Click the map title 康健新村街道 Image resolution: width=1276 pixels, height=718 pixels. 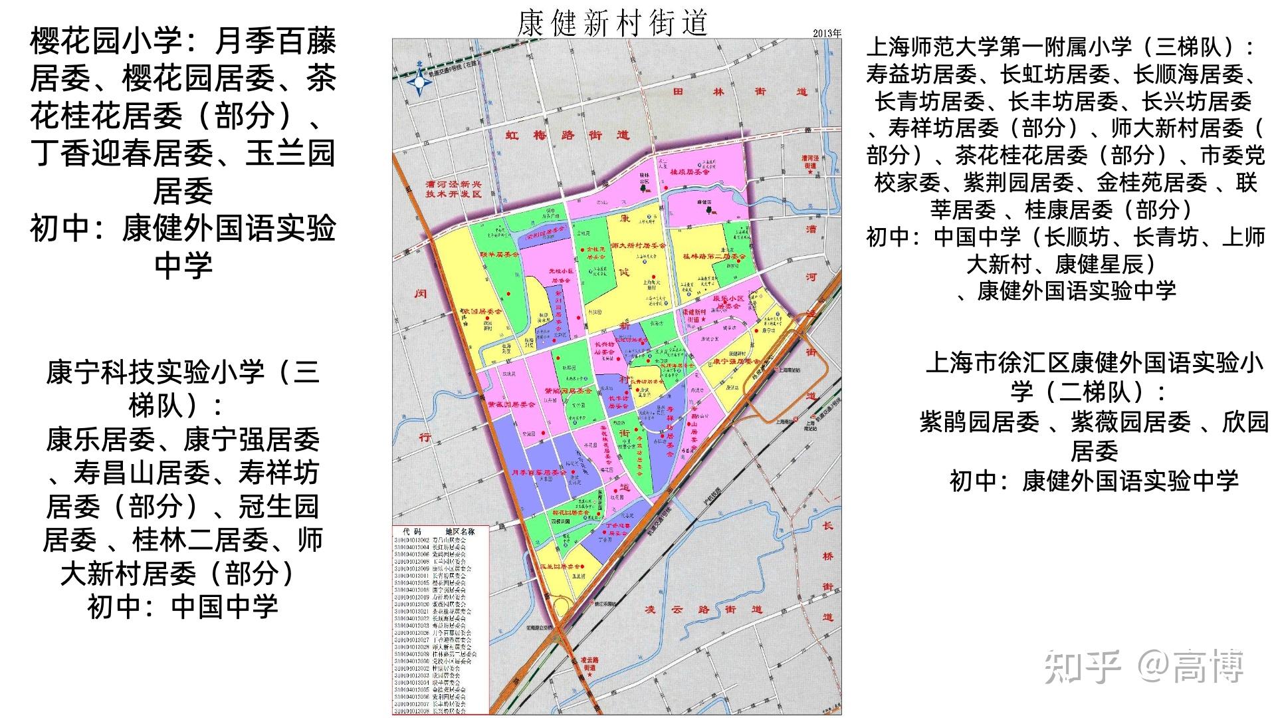(x=612, y=23)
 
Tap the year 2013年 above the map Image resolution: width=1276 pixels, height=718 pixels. (x=827, y=33)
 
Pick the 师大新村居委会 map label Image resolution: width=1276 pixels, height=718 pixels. (x=638, y=245)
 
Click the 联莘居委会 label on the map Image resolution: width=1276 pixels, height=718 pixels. (x=499, y=254)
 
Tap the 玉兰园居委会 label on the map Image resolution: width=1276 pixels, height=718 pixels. (x=562, y=566)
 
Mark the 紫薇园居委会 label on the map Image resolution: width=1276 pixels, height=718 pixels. (x=512, y=404)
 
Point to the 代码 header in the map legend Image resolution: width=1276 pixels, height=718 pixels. (x=412, y=532)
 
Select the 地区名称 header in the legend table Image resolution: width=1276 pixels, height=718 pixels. (x=460, y=532)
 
